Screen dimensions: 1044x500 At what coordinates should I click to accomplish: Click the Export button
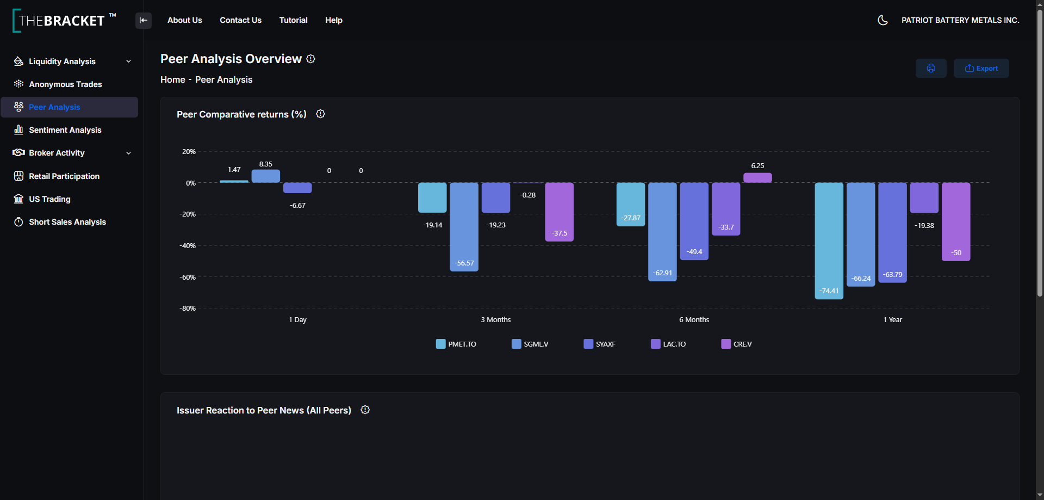click(981, 69)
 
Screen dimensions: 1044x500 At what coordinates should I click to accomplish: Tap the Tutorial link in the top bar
click(293, 20)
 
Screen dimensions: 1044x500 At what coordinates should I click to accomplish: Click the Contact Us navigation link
click(240, 20)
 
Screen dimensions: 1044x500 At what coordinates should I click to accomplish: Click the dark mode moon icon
click(883, 20)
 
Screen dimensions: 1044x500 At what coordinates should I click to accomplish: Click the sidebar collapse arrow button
click(144, 21)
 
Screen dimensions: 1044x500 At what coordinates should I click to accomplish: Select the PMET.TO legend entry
click(456, 344)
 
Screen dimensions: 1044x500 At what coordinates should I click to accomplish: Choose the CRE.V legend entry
click(737, 344)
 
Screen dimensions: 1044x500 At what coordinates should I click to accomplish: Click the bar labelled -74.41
click(829, 240)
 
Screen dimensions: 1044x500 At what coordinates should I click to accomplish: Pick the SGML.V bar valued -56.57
click(464, 227)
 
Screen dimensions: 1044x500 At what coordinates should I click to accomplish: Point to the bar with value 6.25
click(757, 177)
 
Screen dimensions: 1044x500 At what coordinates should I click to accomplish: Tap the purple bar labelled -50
click(956, 222)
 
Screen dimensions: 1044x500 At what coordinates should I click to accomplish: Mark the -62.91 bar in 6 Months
click(662, 232)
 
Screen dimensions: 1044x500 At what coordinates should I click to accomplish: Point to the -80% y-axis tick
click(188, 308)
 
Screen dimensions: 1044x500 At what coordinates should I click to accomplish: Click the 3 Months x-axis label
click(496, 320)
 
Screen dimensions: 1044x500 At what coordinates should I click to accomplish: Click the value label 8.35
click(266, 164)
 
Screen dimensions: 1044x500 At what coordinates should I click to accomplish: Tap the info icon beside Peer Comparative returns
click(321, 114)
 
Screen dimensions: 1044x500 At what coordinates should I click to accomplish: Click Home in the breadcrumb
click(173, 80)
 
